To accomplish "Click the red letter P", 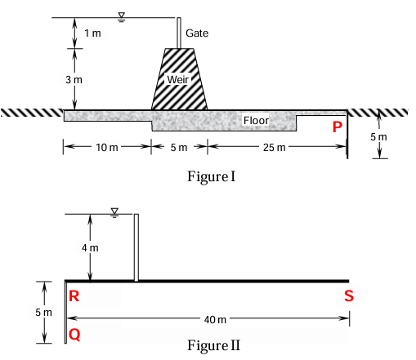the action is tap(338, 127).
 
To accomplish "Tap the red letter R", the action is tap(74, 296).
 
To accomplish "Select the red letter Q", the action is tap(74, 335).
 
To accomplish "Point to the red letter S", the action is tap(349, 296).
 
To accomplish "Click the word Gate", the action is tap(197, 33).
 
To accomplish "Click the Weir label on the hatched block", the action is tap(178, 80).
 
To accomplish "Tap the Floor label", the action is tap(256, 120).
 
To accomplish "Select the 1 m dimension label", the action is tap(92, 33).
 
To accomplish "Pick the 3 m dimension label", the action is tap(74, 80).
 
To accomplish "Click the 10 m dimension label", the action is tap(107, 148).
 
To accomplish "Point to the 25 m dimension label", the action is tap(275, 148).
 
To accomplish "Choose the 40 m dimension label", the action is tap(215, 320).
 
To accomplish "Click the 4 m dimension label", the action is tap(90, 248).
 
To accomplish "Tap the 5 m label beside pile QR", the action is tap(43, 313).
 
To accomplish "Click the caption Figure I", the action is tap(211, 176).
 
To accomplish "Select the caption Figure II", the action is tap(214, 345).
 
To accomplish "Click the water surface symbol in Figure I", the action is tap(122, 16).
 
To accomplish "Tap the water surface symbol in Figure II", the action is tap(114, 213).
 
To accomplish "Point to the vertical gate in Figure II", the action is tap(136, 247).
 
